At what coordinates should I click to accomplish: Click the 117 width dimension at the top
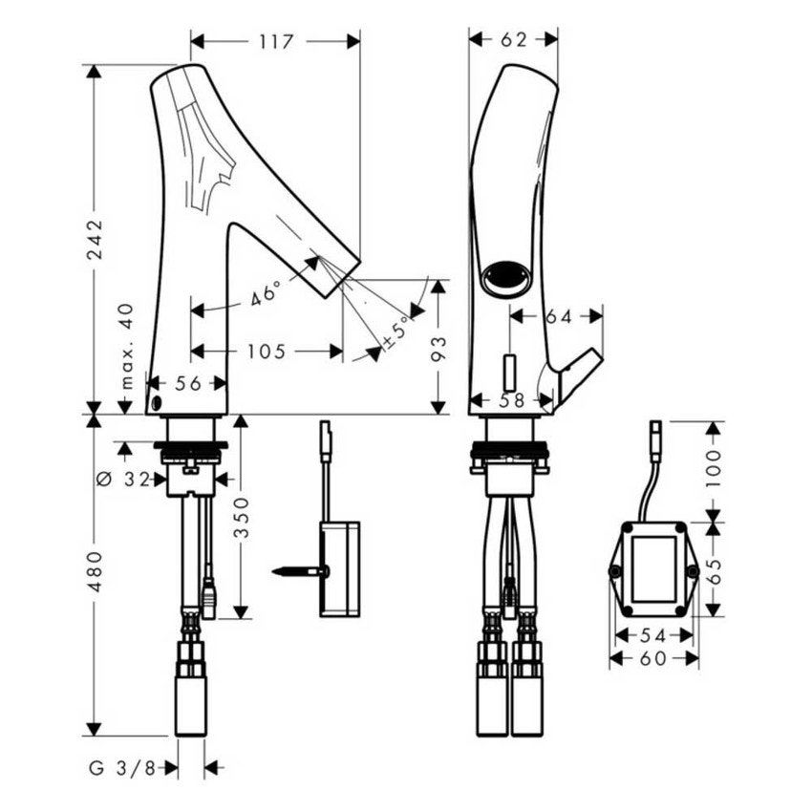(276, 41)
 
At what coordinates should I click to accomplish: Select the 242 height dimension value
(95, 240)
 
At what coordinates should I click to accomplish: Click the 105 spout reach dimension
(267, 352)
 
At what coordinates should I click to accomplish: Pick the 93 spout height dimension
(438, 348)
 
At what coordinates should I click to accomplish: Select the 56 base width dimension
(188, 384)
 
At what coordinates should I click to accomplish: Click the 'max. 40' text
(127, 346)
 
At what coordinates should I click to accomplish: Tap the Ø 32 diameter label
(123, 480)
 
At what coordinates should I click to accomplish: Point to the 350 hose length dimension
(242, 518)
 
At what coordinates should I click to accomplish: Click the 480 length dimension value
(95, 571)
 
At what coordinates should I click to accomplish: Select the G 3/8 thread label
(122, 768)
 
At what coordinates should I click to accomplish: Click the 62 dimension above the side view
(513, 40)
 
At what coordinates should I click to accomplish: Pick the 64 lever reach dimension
(559, 316)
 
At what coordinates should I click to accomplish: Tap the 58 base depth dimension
(513, 400)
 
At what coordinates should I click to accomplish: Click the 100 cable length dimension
(714, 468)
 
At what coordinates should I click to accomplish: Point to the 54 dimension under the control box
(653, 635)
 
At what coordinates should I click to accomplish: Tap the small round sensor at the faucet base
(157, 403)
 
